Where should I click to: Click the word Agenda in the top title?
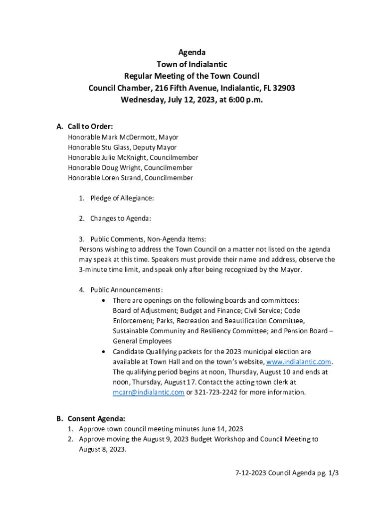[x=192, y=52]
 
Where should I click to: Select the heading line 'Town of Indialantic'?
[x=192, y=64]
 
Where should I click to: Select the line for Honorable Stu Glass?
[x=122, y=147]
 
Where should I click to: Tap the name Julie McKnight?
[x=125, y=157]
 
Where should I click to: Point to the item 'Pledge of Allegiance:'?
[x=122, y=198]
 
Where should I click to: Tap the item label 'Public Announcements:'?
[x=127, y=290]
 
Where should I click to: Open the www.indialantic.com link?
[x=299, y=362]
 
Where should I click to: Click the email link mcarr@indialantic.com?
[x=149, y=392]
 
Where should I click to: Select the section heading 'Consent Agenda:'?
[x=96, y=418]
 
